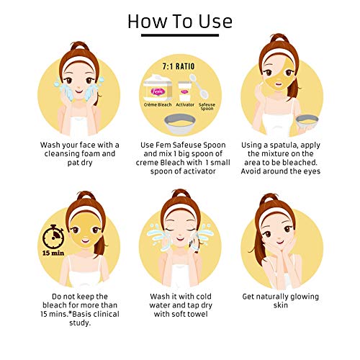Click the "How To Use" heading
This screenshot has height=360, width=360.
(x=180, y=22)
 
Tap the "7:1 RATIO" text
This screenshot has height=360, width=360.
(x=179, y=66)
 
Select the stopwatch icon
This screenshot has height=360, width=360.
(x=53, y=237)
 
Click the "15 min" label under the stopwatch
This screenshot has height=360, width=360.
(x=53, y=253)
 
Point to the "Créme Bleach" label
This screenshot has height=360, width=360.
(x=158, y=104)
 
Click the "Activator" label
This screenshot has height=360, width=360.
(x=185, y=104)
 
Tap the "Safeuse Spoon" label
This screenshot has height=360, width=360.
(x=207, y=107)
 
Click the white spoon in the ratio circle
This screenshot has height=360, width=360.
(x=199, y=86)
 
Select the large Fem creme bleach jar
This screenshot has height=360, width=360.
(x=158, y=88)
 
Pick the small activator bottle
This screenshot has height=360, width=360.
(x=185, y=91)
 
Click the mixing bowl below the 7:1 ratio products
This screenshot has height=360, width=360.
(x=180, y=123)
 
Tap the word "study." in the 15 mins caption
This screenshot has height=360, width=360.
(x=80, y=323)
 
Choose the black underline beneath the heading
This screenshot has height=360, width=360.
(x=180, y=35)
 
